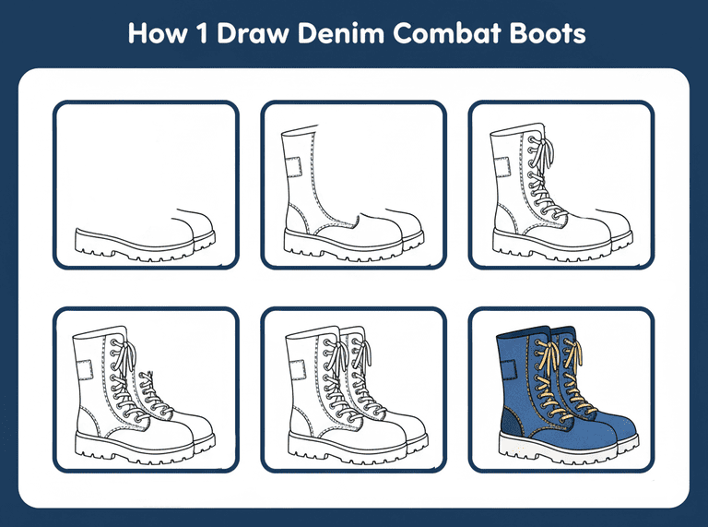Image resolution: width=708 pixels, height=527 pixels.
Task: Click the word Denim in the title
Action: [341, 33]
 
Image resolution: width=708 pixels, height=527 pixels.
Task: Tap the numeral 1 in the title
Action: [202, 33]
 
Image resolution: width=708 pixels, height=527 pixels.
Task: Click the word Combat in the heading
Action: [446, 33]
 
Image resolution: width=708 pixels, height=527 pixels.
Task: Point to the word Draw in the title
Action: [252, 33]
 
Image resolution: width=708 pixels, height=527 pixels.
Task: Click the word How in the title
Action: [157, 33]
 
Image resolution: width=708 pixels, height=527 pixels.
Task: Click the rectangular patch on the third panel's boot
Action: [502, 167]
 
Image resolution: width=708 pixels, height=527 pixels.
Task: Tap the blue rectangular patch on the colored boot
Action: [509, 370]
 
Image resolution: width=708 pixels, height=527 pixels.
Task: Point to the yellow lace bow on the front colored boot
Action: [548, 357]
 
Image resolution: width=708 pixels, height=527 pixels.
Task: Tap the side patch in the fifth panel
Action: [298, 370]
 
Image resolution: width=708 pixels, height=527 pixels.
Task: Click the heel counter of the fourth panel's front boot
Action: [88, 423]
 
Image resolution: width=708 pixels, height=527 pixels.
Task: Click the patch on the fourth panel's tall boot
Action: [85, 370]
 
